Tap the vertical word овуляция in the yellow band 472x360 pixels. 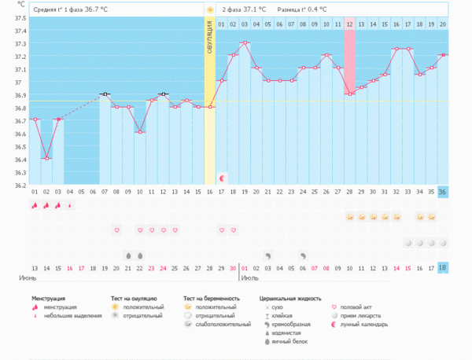pos(210,37)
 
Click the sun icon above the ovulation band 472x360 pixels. pos(210,9)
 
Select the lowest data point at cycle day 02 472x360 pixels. pos(46,158)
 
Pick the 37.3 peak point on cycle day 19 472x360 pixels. pos(245,42)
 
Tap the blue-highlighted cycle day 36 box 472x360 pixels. pos(442,191)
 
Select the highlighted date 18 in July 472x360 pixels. pos(442,267)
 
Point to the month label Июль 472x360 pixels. pos(252,277)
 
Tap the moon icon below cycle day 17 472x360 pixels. pos(222,178)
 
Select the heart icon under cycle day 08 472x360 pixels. pos(116,230)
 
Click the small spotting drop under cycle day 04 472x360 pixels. pos(71,205)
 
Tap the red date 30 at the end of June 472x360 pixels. pos(233,267)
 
